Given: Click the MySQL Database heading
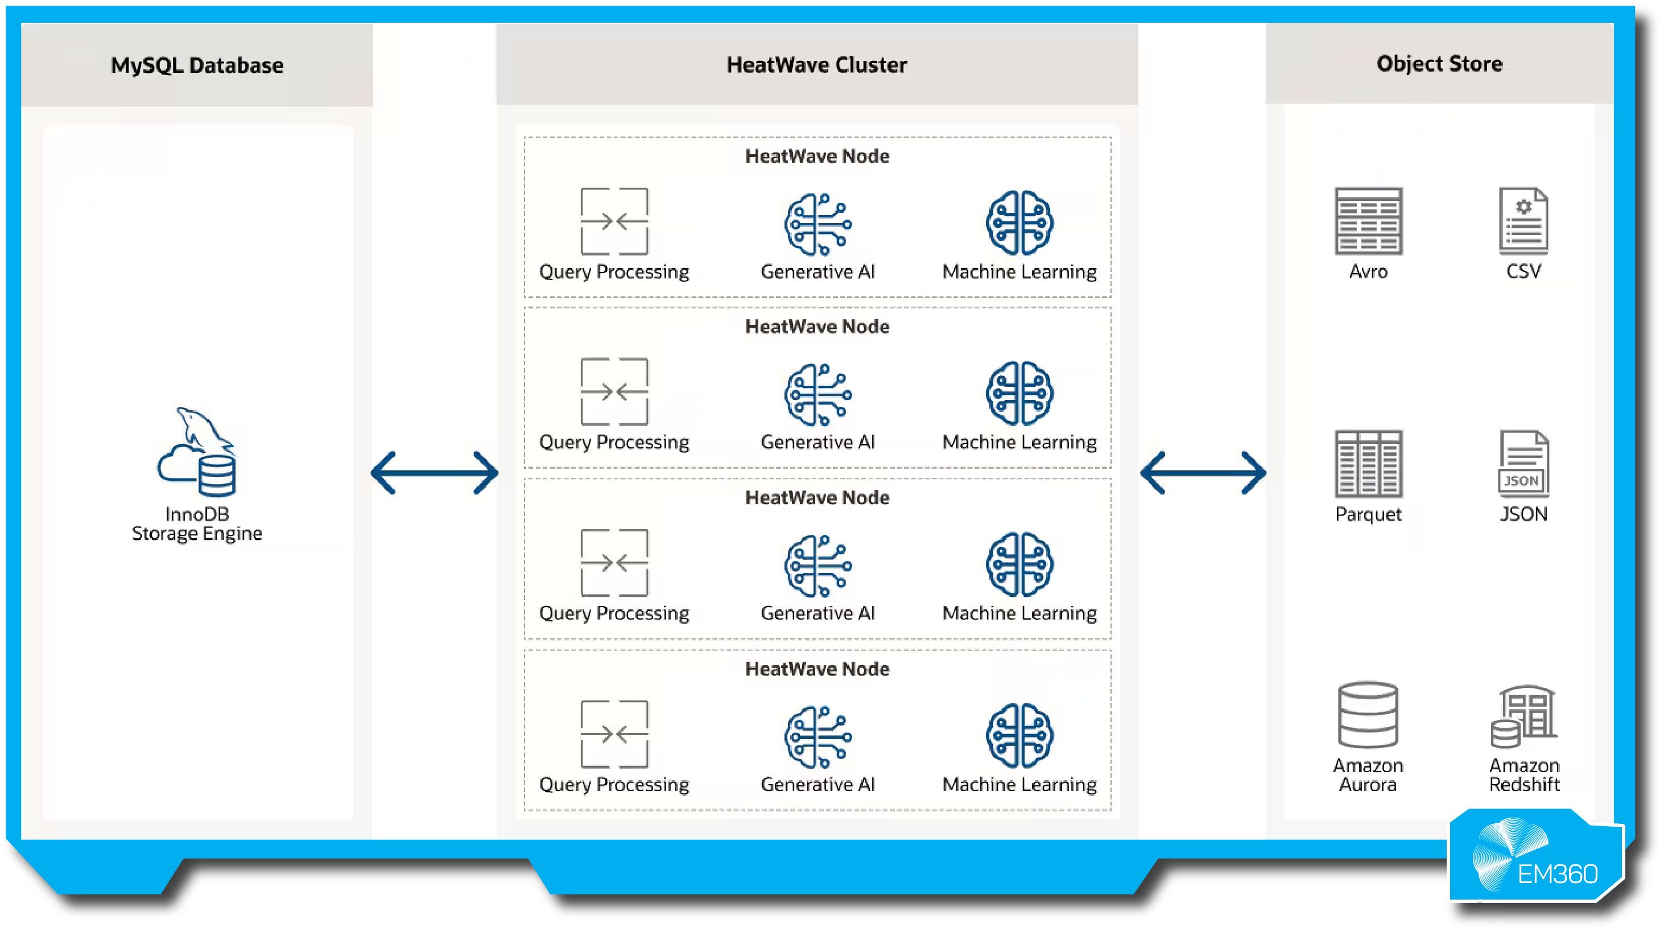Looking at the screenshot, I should pyautogui.click(x=197, y=65).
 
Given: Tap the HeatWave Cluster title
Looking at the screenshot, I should pyautogui.click(x=816, y=65).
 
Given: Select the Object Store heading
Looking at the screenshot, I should pyautogui.click(x=1439, y=63).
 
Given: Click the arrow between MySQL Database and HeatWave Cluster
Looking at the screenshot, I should pyautogui.click(x=434, y=473).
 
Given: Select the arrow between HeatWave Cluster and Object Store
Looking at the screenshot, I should pyautogui.click(x=1203, y=473).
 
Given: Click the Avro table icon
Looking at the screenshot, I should pyautogui.click(x=1368, y=221).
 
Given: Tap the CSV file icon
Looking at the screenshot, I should pyautogui.click(x=1523, y=221).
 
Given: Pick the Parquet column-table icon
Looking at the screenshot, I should pyautogui.click(x=1368, y=464).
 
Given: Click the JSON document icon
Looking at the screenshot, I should pyautogui.click(x=1523, y=464).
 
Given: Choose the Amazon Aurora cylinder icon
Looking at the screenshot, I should pyautogui.click(x=1368, y=715).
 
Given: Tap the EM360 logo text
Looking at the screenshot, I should pyautogui.click(x=1557, y=874).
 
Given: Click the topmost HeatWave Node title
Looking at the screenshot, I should pyautogui.click(x=817, y=156).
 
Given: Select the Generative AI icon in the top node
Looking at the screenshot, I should pyautogui.click(x=818, y=224).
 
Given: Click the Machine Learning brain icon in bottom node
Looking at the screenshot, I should pyautogui.click(x=1019, y=736).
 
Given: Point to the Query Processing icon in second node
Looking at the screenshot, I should pyautogui.click(x=614, y=392).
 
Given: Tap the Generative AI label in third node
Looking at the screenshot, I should pyautogui.click(x=818, y=613).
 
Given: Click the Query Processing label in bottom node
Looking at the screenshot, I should pyautogui.click(x=614, y=784).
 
